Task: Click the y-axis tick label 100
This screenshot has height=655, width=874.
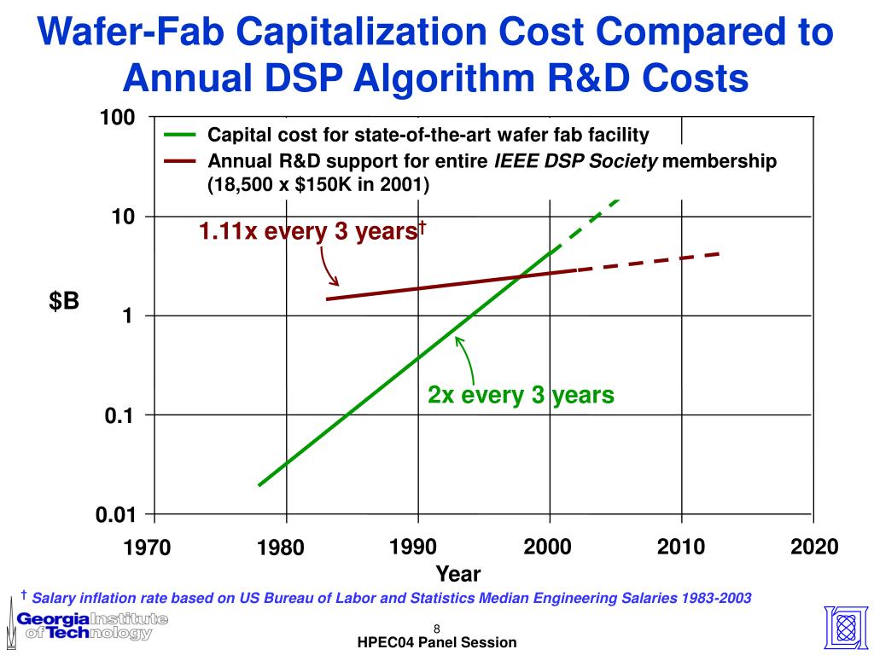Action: pos(118,118)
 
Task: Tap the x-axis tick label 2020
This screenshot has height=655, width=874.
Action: pos(814,547)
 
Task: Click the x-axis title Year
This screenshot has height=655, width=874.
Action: pos(458,574)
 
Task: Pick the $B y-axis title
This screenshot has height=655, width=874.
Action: pos(64,300)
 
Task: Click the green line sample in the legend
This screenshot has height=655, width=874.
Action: pos(180,136)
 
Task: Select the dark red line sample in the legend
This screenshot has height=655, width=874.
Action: pos(180,161)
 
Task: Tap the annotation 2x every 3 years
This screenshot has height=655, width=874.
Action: pos(521,396)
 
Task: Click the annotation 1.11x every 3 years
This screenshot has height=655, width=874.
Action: pos(312,231)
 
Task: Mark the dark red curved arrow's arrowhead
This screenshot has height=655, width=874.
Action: pos(337,284)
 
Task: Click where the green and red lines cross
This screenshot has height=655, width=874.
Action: pos(519,276)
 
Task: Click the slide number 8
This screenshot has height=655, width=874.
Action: pos(436,629)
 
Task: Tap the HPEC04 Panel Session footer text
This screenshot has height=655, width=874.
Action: pos(437,643)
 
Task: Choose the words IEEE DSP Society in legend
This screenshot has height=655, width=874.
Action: pos(577,161)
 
